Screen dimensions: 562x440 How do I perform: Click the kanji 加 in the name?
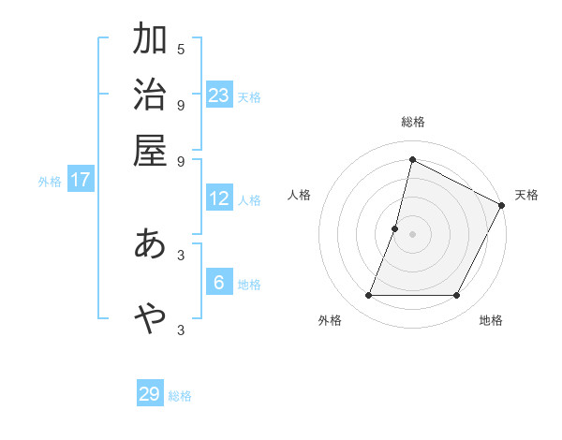tap(150, 40)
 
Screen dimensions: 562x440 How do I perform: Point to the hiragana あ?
tap(150, 244)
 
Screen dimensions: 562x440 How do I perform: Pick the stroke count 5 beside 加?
tap(181, 49)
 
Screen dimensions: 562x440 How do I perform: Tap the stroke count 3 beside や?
tap(181, 329)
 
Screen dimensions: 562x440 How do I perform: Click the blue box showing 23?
tap(219, 95)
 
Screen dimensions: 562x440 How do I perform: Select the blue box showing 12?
tap(219, 198)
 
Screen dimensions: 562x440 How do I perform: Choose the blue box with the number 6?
tap(219, 283)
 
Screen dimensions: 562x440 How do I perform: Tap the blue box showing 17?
tap(81, 180)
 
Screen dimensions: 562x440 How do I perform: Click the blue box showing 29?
tap(150, 394)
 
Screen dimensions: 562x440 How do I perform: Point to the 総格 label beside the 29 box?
tap(181, 396)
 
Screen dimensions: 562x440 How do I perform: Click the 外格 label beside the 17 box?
tap(50, 182)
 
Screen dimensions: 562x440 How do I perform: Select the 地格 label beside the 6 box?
tap(249, 285)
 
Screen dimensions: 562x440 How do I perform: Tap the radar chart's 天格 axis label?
tap(526, 195)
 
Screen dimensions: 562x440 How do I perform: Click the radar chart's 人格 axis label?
tap(300, 195)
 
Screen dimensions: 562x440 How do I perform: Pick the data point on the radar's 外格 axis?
tap(368, 296)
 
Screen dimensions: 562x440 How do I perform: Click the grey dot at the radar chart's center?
tap(412, 234)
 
